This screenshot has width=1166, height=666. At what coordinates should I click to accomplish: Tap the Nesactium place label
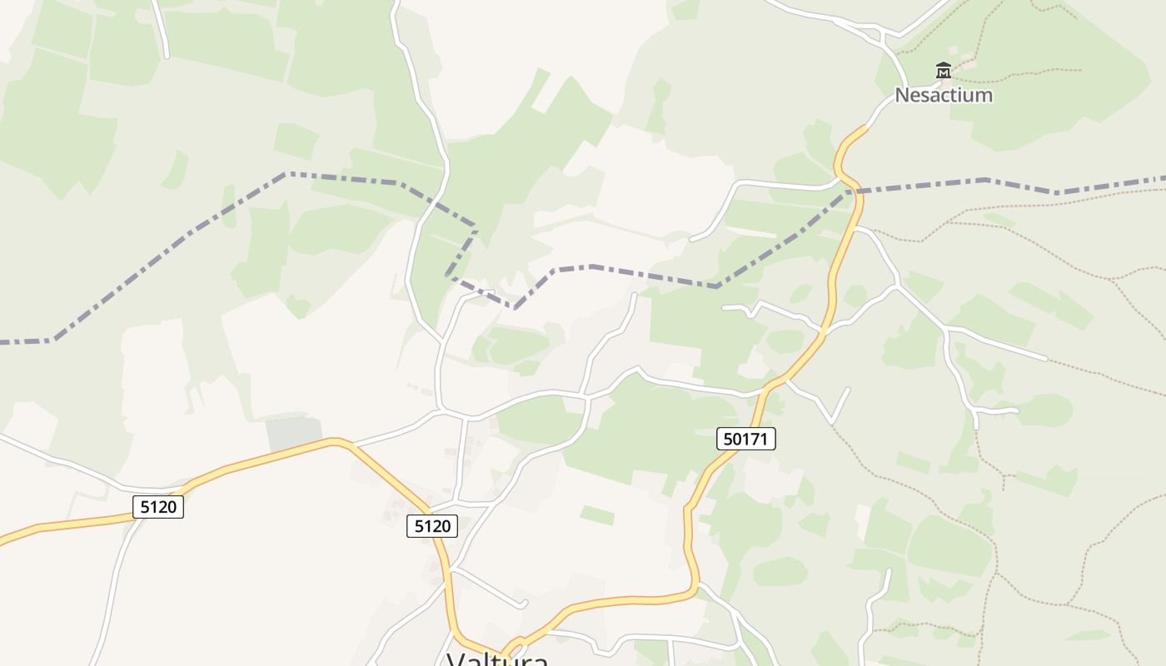coord(944,95)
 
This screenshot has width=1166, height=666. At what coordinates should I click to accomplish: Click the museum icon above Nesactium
coord(943,71)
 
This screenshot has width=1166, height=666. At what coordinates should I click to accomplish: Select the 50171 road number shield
coord(745,439)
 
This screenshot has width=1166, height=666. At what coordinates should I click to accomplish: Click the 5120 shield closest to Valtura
coord(432,526)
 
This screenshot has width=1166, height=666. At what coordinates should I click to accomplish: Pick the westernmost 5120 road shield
coord(158,506)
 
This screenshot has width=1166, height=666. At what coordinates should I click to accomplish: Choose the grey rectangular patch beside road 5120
coord(293,434)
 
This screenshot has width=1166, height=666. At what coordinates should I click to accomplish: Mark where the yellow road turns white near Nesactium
coord(866,127)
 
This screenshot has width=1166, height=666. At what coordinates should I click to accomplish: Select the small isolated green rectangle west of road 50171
coord(596,515)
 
